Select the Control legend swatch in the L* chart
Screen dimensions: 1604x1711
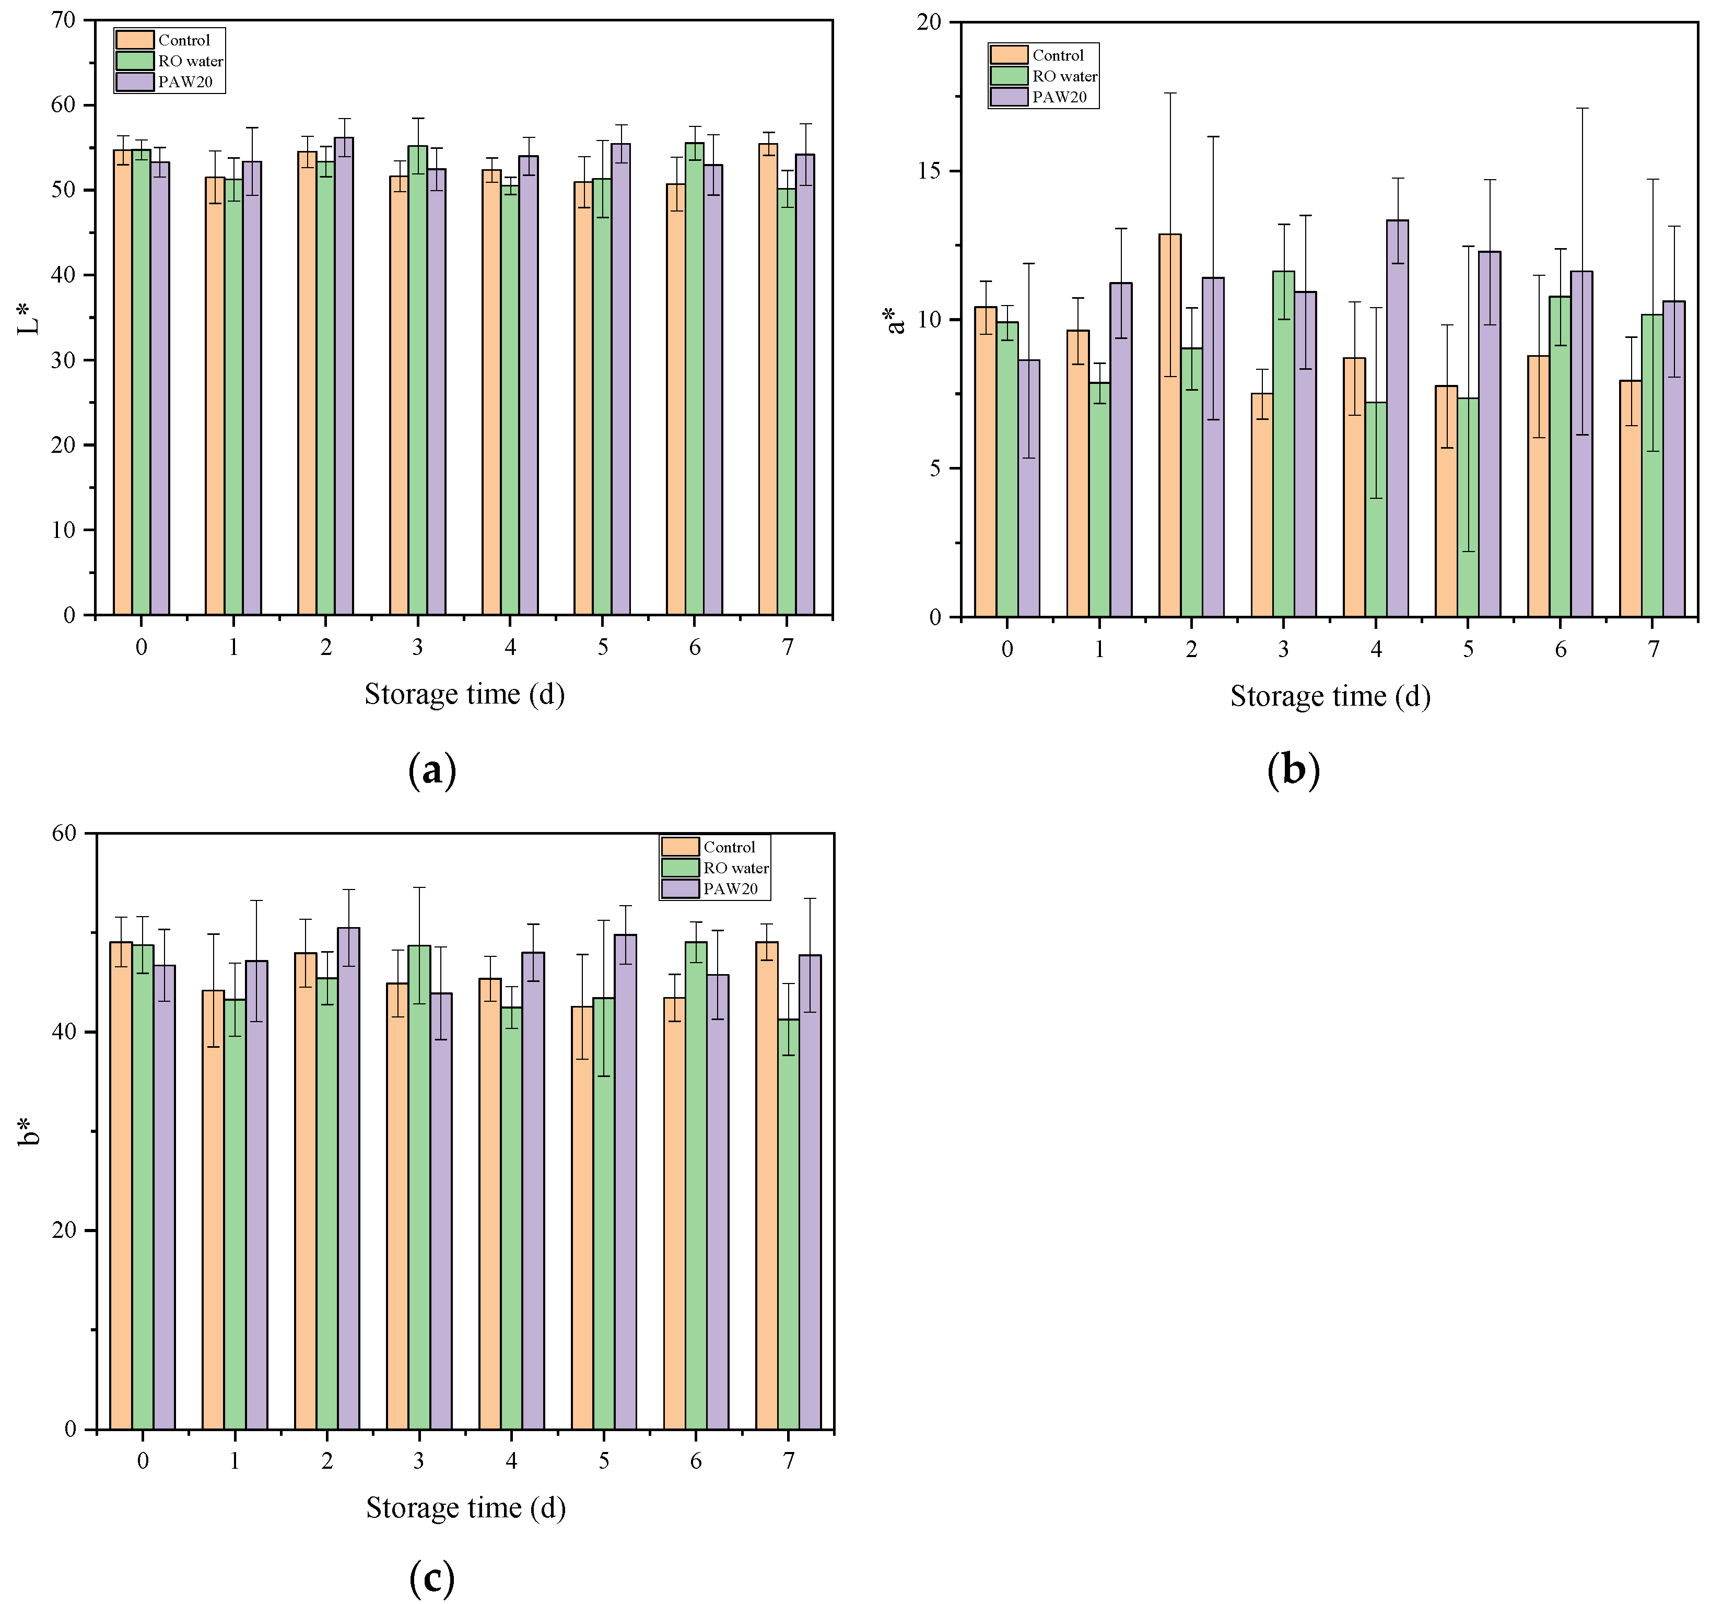[x=134, y=40]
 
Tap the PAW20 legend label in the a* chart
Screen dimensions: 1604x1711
[x=1060, y=97]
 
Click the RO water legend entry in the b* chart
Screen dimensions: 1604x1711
[x=736, y=868]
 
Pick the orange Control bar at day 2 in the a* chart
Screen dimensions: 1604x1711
[x=1169, y=426]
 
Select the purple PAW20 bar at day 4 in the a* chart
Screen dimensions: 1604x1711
[x=1397, y=418]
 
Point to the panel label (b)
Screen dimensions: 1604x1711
[x=1293, y=768]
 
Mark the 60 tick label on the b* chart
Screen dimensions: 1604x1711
[x=64, y=833]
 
